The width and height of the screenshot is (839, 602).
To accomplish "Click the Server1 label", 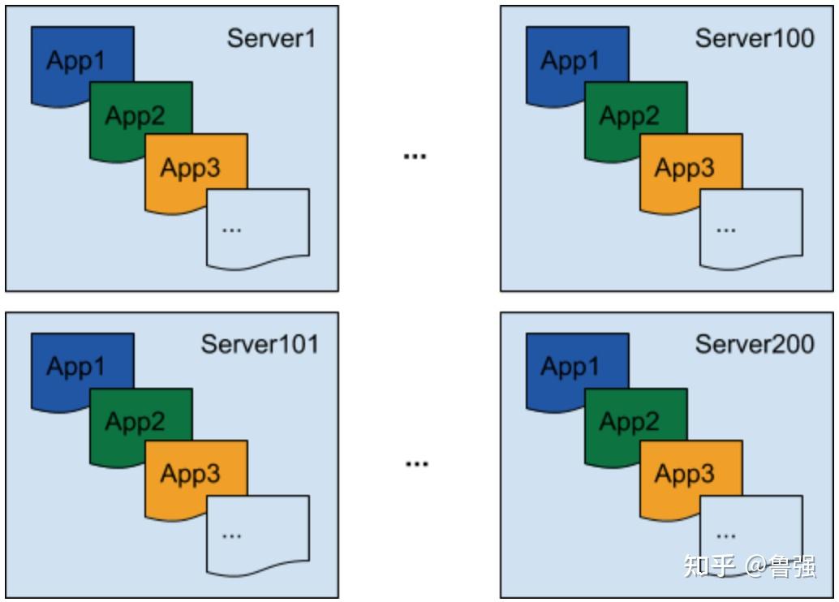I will click(271, 38).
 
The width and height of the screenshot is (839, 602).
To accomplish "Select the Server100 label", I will click(755, 38).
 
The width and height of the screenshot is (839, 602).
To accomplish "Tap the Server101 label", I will click(260, 344).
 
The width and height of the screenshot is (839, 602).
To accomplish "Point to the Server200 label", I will click(755, 344).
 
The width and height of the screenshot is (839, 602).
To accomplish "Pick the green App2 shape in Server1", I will click(135, 116).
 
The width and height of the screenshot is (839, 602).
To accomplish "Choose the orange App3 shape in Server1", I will click(191, 168).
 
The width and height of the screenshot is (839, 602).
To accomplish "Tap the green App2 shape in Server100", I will click(629, 116).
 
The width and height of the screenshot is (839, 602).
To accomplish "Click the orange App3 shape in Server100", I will click(685, 168).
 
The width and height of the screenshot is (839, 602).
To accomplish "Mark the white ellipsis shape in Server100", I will click(751, 227).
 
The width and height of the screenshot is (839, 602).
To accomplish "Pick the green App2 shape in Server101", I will click(135, 422).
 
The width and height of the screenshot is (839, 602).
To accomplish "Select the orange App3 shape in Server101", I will click(191, 474).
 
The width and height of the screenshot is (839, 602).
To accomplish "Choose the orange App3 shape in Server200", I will click(685, 474).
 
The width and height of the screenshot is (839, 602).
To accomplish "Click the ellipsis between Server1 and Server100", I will click(415, 156).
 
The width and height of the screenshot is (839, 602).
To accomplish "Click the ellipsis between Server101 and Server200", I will click(415, 463).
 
